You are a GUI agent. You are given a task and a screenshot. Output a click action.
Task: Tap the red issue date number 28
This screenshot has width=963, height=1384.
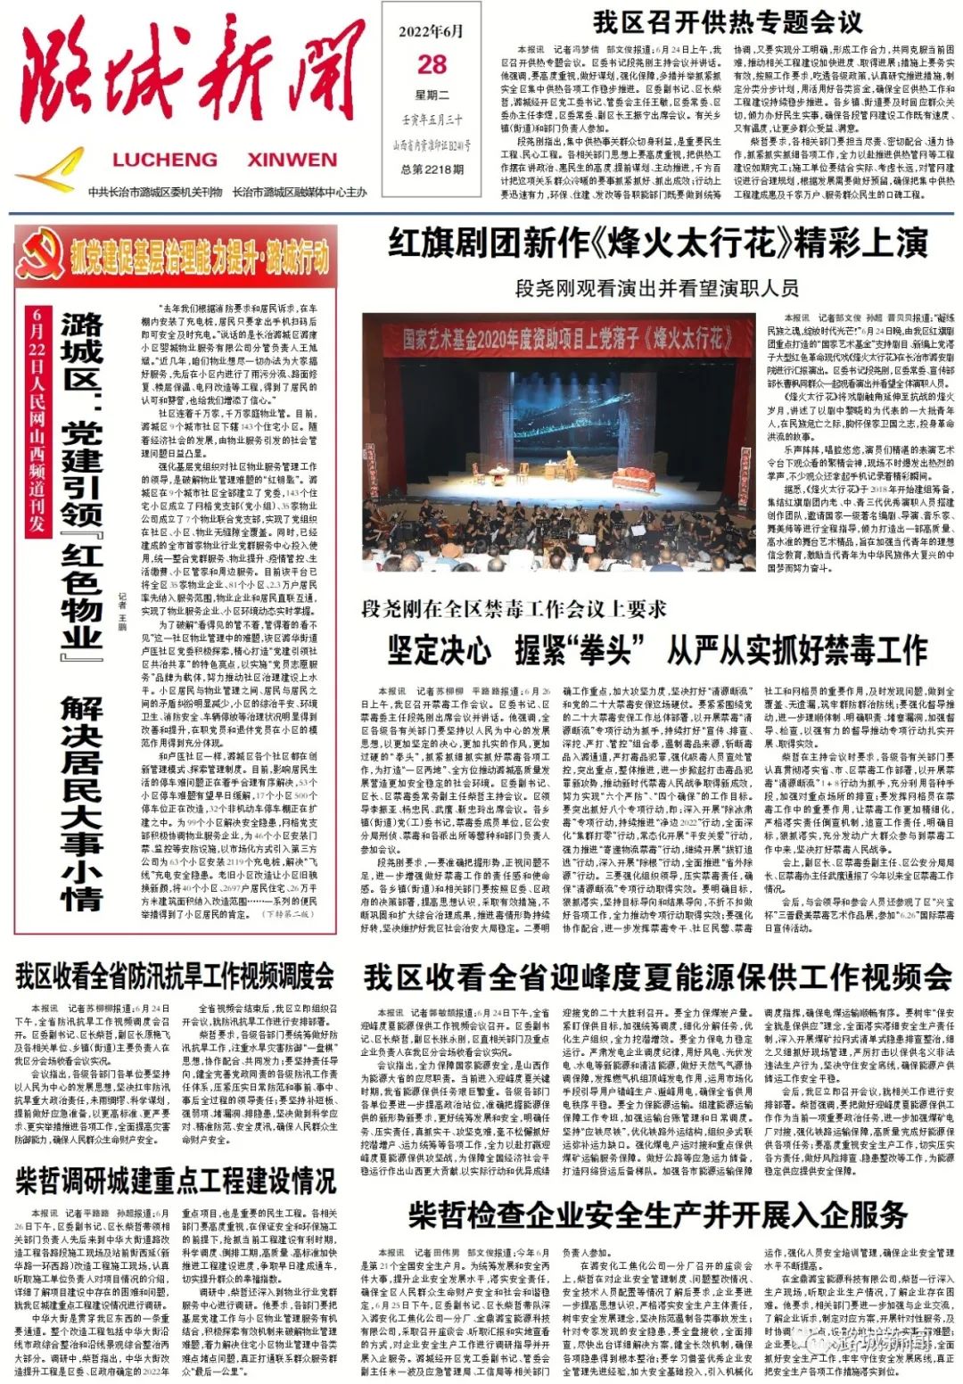pyautogui.click(x=432, y=64)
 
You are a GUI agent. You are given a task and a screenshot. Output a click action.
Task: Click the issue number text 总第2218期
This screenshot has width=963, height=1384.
pyautogui.click(x=432, y=169)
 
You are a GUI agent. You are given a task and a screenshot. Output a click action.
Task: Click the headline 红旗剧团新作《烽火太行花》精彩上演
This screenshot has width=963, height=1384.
pyautogui.click(x=658, y=243)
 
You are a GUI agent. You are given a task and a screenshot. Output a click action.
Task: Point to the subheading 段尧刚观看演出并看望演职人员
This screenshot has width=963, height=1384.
pyautogui.click(x=656, y=288)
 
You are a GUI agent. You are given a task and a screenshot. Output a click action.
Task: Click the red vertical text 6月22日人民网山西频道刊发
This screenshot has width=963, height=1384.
pyautogui.click(x=37, y=419)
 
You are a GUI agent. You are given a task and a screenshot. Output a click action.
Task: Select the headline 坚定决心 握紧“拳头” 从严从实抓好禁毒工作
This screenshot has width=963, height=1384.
pyautogui.click(x=658, y=650)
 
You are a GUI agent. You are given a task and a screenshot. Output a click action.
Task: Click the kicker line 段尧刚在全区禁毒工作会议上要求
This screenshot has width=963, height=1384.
pyautogui.click(x=514, y=609)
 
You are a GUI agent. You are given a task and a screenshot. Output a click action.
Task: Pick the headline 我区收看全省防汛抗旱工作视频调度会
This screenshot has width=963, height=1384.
pyautogui.click(x=176, y=976)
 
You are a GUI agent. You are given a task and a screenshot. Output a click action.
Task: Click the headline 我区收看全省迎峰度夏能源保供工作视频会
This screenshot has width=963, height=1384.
pyautogui.click(x=657, y=977)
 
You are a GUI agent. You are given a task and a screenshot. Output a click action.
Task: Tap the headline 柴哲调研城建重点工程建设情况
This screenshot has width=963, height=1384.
pyautogui.click(x=176, y=1181)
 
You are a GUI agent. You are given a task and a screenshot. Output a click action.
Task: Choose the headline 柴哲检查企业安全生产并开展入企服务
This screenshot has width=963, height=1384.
pyautogui.click(x=658, y=1215)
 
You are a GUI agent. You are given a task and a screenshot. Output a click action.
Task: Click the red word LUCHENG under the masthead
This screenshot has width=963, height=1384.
pyautogui.click(x=165, y=161)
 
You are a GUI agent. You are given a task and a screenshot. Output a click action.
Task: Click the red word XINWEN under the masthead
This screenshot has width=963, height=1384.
pyautogui.click(x=292, y=161)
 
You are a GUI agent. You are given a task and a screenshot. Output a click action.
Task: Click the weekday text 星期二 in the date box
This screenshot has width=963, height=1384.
pyautogui.click(x=432, y=95)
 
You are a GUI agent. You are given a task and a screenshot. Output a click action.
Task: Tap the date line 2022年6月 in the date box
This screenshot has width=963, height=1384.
pyautogui.click(x=432, y=31)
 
